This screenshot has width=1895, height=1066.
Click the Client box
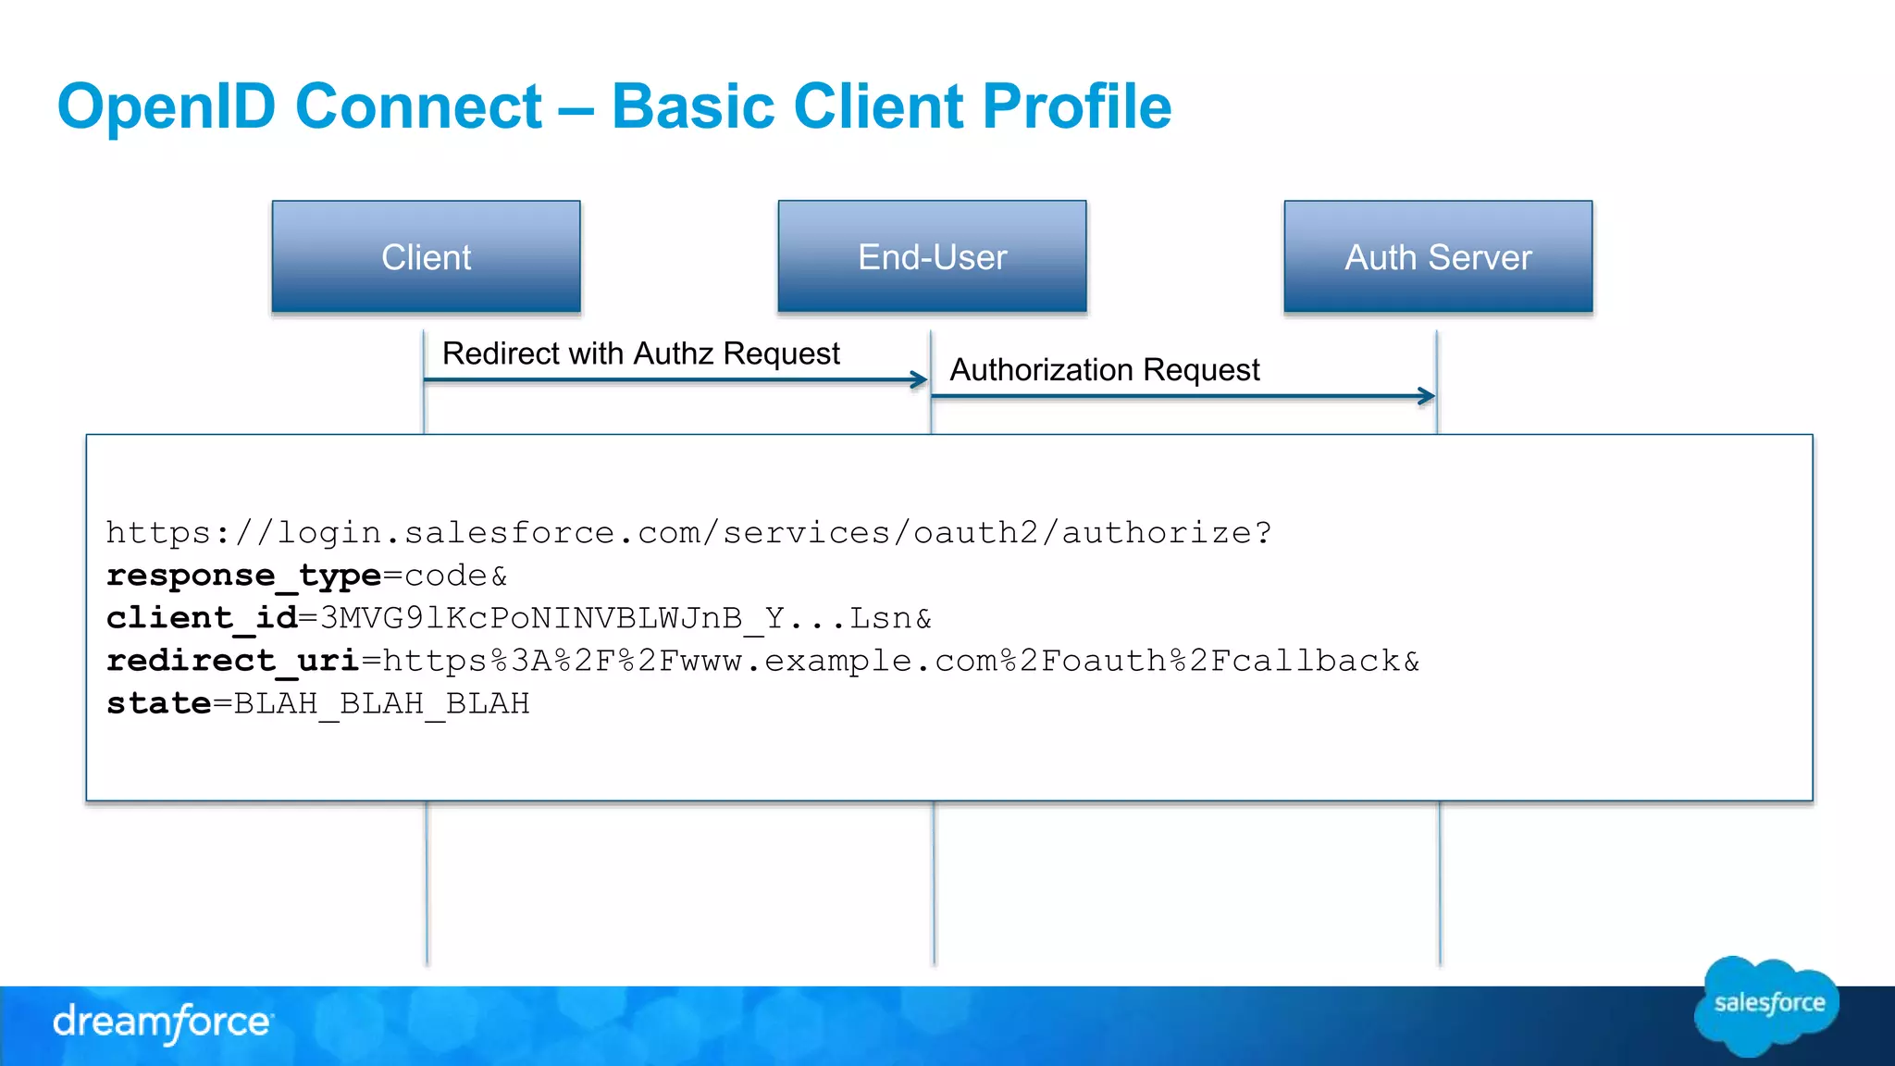pos(426,256)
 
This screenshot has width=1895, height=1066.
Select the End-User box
pos(932,256)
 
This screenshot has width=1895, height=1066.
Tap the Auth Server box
pos(1438,256)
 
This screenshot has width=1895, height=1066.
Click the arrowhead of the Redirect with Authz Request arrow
pos(919,379)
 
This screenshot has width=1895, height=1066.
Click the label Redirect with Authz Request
pos(640,353)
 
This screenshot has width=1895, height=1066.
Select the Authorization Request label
pos(1105,370)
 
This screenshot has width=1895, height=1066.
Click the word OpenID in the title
pos(167,106)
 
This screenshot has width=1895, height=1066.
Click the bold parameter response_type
pos(243,576)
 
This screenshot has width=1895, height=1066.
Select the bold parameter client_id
pos(202,618)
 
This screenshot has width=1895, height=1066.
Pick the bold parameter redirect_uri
pos(232,661)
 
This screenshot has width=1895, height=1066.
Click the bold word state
pos(159,703)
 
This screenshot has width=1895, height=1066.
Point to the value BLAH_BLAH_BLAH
pos(381,704)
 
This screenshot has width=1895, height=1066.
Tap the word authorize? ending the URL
pos(1166,533)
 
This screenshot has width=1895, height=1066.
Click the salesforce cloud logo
pos(1767,1005)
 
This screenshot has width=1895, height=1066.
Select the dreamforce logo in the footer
pos(163,1023)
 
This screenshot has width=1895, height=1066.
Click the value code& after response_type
pos(456,576)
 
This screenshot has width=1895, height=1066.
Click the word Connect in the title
pos(418,106)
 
